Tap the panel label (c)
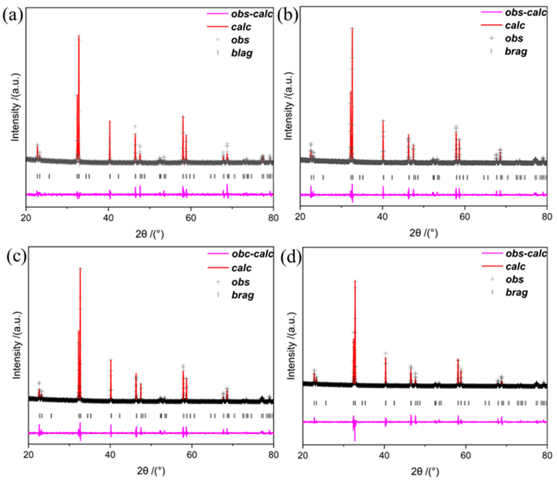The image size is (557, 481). (16, 256)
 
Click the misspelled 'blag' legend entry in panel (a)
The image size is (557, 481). (241, 53)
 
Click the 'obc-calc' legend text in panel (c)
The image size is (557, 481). (252, 254)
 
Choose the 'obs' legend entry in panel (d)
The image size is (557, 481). (514, 279)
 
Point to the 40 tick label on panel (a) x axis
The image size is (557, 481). (108, 218)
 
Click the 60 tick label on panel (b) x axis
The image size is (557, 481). (465, 217)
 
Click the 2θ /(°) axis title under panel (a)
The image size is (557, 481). (149, 234)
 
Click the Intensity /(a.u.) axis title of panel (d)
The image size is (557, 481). (291, 346)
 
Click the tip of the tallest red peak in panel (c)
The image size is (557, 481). (80, 269)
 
